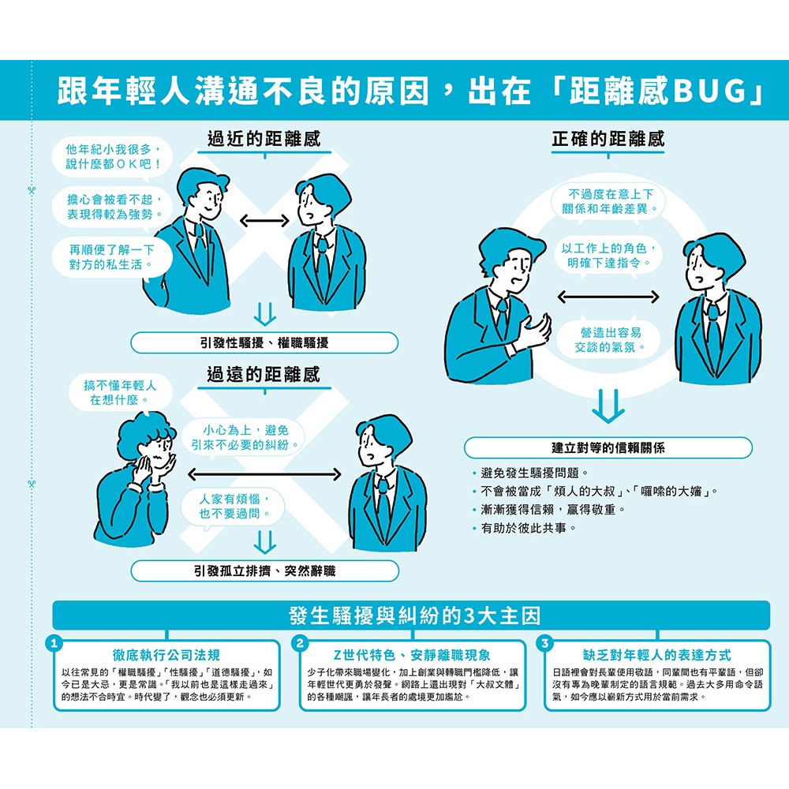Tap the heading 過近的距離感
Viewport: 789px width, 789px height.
coord(264,138)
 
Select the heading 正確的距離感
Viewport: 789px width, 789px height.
coord(608,138)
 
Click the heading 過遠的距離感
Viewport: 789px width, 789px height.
coord(264,374)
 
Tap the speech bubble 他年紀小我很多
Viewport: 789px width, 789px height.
coord(112,157)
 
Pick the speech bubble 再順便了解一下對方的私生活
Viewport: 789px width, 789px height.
coord(112,257)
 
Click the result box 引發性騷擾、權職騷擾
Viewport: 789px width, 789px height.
coord(264,343)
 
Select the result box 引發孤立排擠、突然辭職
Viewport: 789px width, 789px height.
coord(264,571)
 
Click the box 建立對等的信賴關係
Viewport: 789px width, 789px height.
coord(608,448)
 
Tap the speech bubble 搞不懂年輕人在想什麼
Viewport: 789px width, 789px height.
coord(120,393)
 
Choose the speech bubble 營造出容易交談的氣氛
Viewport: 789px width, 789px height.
coord(608,339)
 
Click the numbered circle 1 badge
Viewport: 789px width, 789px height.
coord(54,643)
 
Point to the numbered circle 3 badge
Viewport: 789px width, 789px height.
coord(544,643)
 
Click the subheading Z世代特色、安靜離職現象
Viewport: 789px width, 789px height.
coord(412,655)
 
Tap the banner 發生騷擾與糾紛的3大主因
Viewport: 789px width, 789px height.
coord(411,615)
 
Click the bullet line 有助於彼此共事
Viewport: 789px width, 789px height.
coord(525,528)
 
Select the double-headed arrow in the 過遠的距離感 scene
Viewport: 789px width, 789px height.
coord(264,474)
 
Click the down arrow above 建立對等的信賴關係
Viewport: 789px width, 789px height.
coord(608,406)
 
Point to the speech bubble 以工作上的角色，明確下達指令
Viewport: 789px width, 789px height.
coord(608,255)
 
